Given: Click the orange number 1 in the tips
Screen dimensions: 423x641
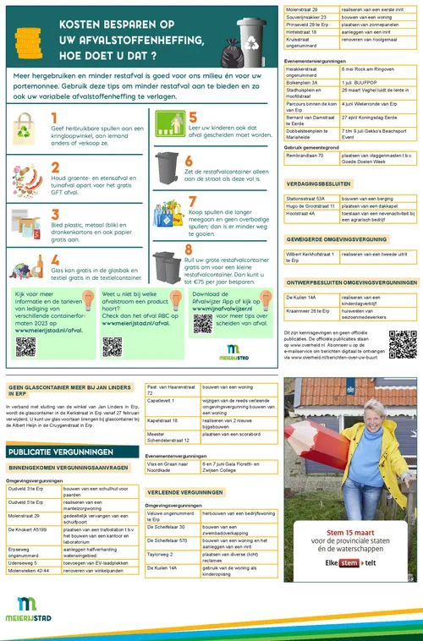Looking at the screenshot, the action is [x=55, y=118].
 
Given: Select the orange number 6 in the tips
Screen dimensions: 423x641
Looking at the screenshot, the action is [x=190, y=161].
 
